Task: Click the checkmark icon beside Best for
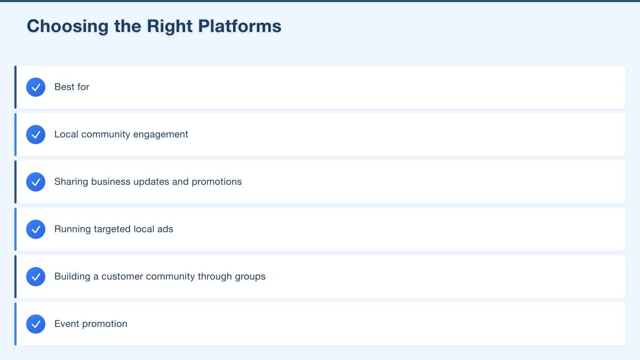36,87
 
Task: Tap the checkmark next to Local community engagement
36,134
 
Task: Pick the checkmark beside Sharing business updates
36,182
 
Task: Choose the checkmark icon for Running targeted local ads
36,229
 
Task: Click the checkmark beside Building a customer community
36,277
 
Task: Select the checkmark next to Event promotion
36,324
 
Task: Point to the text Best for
72,87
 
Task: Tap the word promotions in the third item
217,182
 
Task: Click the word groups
250,277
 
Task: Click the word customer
124,277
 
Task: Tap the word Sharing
71,182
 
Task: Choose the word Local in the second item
66,134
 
